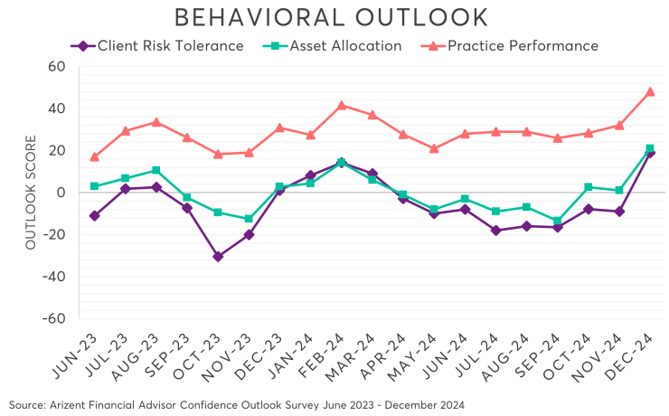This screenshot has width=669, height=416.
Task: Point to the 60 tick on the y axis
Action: (57, 67)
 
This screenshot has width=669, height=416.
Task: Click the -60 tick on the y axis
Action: (54, 318)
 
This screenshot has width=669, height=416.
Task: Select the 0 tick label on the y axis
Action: (61, 193)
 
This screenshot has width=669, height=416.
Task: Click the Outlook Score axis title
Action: (30, 193)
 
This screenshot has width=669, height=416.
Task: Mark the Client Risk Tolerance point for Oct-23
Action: (218, 256)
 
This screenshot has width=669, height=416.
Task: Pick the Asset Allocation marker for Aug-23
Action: (156, 170)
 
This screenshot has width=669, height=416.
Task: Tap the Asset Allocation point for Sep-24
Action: (558, 221)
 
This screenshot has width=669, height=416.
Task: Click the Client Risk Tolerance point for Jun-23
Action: (95, 215)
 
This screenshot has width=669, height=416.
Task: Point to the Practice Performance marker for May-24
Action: (434, 148)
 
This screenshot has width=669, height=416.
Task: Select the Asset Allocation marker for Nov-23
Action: (249, 219)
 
